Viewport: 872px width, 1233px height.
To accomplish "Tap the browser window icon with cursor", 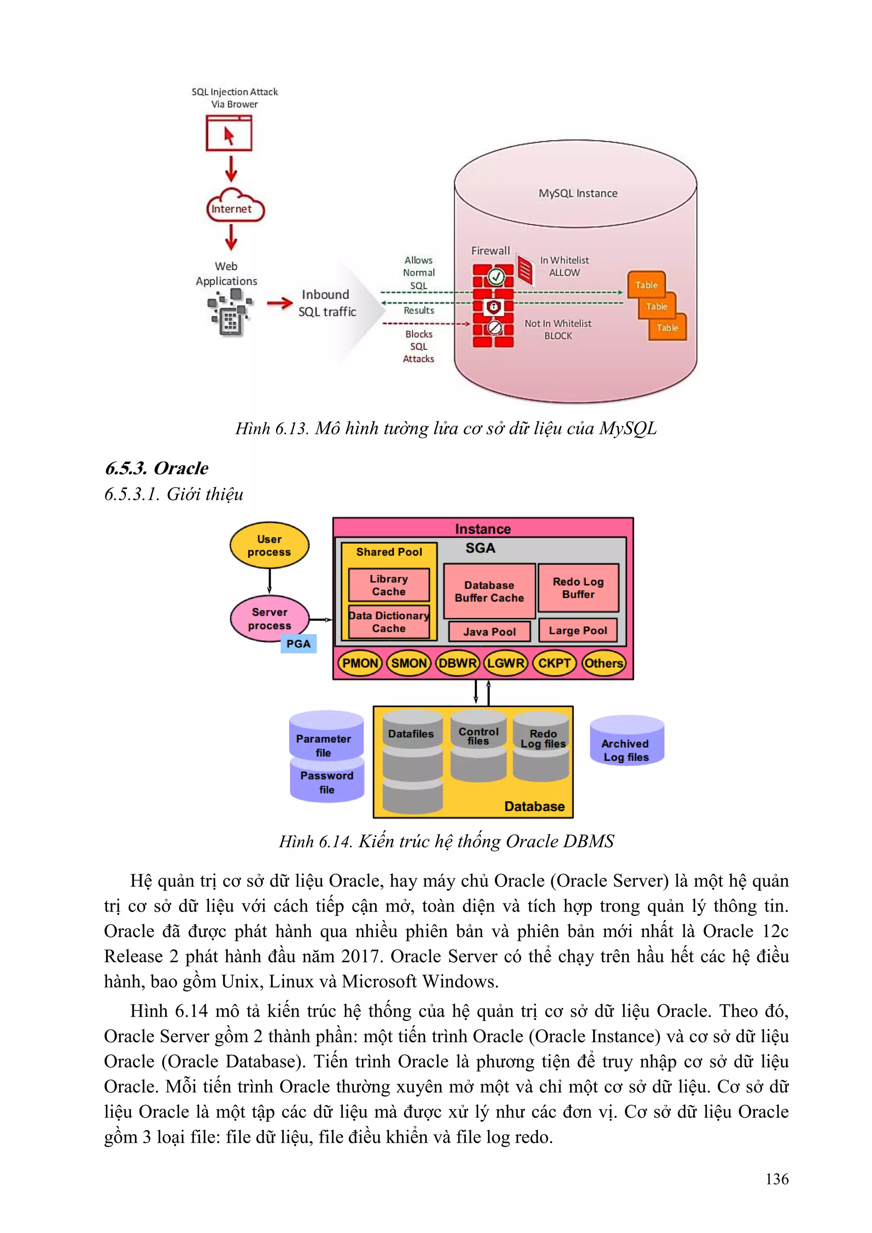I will pos(229,134).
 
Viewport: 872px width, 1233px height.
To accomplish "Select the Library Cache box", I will pos(389,585).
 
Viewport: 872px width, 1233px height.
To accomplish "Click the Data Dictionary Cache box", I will pos(389,622).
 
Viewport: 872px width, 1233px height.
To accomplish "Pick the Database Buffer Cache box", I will pos(489,591).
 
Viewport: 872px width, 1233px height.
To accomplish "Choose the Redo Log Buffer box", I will pos(578,588).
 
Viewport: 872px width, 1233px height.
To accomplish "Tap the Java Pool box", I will pos(489,631).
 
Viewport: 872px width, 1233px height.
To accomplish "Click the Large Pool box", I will pos(578,631).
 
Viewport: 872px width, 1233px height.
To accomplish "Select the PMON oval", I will pos(360,663).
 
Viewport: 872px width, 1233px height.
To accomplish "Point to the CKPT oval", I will pos(554,663).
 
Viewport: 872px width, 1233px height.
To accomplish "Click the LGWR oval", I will pos(506,663).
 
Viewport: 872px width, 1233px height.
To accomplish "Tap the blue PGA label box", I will pos(298,644).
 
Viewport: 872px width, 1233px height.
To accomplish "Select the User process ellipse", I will pos(270,545).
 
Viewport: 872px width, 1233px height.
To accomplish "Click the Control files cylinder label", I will pos(478,736).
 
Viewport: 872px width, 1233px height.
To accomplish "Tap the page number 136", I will pos(777,1179).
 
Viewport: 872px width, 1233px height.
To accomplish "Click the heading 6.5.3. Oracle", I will pos(156,468).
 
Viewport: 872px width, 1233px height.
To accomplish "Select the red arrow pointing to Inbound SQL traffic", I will pos(279,304).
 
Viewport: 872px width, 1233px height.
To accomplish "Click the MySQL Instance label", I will pos(578,193).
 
